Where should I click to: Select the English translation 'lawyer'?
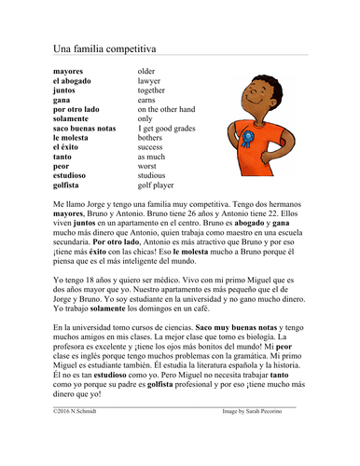coord(150,80)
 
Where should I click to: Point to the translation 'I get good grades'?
coord(169,128)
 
